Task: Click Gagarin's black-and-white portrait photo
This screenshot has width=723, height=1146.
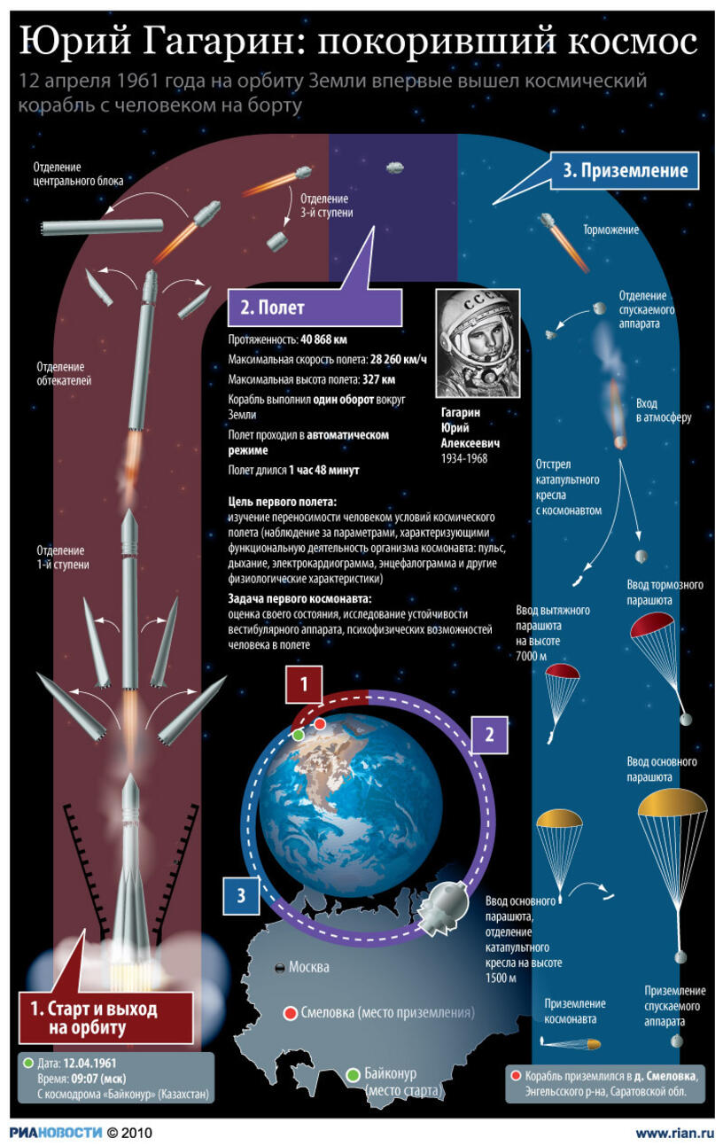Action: pos(478,343)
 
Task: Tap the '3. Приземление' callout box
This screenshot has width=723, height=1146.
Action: pos(625,171)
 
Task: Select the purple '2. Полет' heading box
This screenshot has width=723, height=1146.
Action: pos(315,308)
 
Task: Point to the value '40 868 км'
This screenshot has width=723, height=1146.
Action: pos(323,339)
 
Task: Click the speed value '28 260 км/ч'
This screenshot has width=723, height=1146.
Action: pos(399,359)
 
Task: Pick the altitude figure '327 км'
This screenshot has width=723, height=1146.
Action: pos(379,379)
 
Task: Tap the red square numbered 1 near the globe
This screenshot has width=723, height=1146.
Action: pos(304,684)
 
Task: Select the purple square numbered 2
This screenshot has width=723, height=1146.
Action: pos(489,735)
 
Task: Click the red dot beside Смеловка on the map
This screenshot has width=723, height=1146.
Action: pos(291,1013)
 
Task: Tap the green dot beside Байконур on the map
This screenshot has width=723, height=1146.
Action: pos(353,1075)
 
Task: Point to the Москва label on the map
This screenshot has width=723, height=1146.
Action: pos(309,967)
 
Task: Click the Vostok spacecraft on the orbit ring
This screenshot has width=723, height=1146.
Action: pos(443,907)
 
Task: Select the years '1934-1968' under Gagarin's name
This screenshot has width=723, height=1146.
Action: pos(464,458)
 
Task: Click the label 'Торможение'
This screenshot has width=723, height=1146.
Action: pos(611,230)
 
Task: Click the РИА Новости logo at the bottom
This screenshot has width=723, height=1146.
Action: pos(56,1132)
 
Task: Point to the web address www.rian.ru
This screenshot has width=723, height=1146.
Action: pos(674,1134)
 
